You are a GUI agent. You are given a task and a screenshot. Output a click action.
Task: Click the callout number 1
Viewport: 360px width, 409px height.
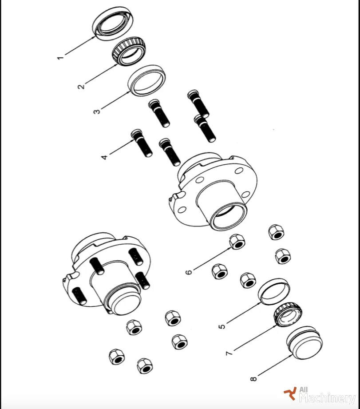60,57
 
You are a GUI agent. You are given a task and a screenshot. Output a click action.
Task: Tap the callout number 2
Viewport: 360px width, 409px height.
81,86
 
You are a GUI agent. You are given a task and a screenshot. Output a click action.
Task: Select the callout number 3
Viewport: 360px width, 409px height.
96,111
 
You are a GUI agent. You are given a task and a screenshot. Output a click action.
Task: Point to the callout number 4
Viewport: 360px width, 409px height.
104,157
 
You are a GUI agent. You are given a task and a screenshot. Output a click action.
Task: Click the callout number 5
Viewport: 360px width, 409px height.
222,326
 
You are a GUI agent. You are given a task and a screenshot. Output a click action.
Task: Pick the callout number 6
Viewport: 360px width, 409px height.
189,272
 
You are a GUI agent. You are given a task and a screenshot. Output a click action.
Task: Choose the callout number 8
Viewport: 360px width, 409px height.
253,378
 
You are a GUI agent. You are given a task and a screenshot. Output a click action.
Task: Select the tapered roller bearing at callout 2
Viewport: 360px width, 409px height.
129,51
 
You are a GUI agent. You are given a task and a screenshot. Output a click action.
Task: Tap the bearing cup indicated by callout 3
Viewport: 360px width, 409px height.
147,80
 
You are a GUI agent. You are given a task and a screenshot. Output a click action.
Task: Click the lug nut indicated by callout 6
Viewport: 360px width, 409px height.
237,241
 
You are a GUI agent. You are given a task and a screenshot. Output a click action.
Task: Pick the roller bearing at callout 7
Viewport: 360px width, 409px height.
288,314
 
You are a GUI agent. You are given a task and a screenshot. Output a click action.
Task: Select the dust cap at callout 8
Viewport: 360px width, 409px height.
305,343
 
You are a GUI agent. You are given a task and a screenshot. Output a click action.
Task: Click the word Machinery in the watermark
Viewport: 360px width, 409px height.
327,398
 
